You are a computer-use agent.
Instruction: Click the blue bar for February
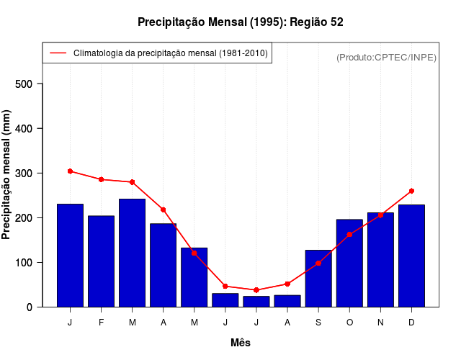(101, 261)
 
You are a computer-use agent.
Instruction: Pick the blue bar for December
(411, 256)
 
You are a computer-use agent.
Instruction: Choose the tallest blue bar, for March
(132, 253)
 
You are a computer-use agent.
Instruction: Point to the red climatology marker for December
(411, 191)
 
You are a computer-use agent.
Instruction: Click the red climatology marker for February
(101, 179)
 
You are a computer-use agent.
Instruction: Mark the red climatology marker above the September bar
(318, 264)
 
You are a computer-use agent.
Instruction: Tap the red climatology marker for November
(380, 215)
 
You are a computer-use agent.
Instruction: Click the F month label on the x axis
(101, 323)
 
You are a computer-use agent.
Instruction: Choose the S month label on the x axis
(318, 323)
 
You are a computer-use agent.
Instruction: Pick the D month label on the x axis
(411, 323)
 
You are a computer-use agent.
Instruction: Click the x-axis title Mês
(241, 343)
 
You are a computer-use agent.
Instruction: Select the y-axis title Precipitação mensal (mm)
(7, 174)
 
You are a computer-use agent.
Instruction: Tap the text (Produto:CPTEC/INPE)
(386, 57)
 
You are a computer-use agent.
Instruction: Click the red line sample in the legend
(58, 53)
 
